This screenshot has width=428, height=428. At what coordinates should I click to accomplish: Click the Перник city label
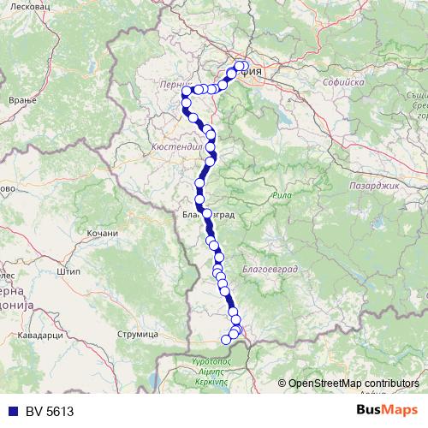[x=174, y=85]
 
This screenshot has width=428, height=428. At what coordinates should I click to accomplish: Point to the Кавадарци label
[x=40, y=335]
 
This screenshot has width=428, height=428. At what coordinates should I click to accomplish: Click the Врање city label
[x=17, y=101]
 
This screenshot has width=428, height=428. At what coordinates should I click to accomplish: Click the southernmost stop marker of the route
[x=227, y=340]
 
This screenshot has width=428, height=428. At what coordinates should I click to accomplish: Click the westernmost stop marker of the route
[x=186, y=104]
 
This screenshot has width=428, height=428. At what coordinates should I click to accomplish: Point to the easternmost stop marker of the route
[x=245, y=66]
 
